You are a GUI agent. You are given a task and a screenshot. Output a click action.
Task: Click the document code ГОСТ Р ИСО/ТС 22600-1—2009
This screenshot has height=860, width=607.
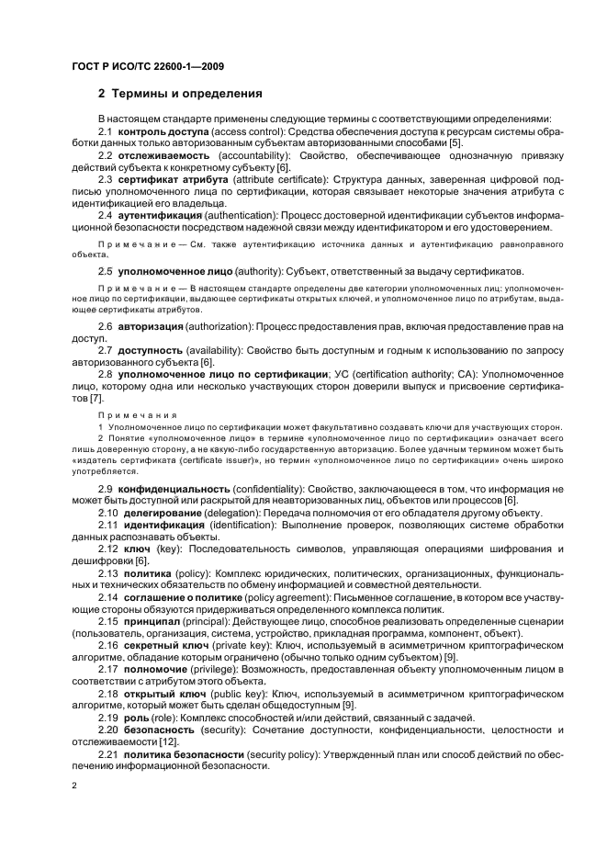point(148,67)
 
